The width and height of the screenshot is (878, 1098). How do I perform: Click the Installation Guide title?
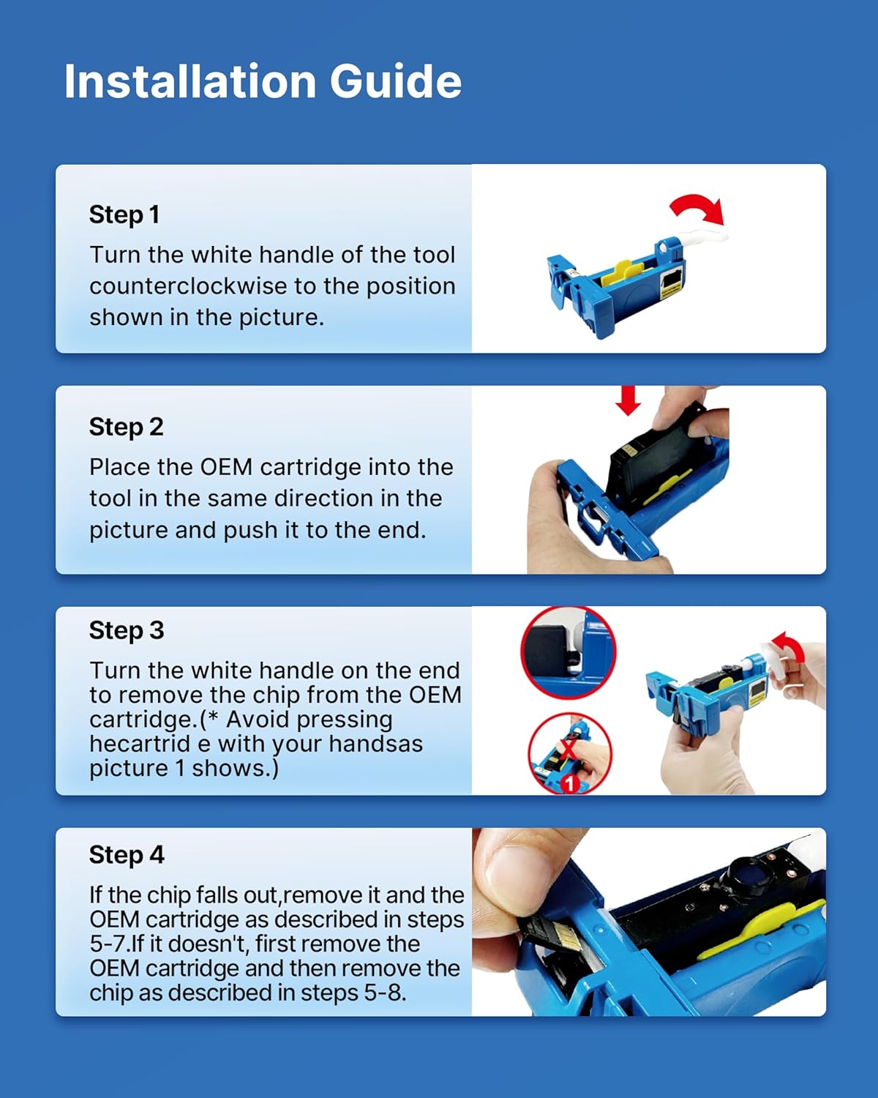coord(263,81)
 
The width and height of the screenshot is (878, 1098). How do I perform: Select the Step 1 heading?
coord(124,214)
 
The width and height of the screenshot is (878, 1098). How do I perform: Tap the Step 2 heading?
coord(126,427)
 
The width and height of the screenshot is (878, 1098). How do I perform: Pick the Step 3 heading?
coord(127,631)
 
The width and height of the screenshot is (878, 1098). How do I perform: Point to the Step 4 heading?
coord(127,855)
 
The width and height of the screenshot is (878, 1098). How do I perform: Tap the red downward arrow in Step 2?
coord(628,400)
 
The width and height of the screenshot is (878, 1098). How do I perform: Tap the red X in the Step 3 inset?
coord(567,749)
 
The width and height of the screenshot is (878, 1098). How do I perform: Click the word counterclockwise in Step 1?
coord(191,286)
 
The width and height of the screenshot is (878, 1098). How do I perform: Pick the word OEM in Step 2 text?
coord(226,467)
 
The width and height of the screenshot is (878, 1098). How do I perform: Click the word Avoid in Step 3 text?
coord(258,720)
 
